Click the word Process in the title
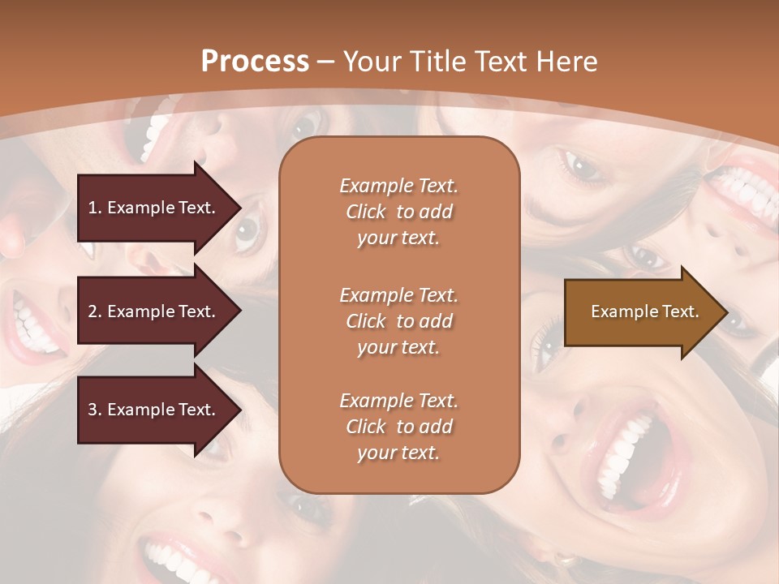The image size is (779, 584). coord(255,61)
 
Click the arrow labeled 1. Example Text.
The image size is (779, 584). coord(154,208)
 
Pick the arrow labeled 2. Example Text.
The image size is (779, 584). coord(154,311)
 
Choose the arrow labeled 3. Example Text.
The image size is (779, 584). coord(154,410)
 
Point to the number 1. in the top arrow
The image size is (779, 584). coord(95,208)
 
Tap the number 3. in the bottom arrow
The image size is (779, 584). coord(95,410)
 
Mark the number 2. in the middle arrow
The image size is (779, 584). coord(95,311)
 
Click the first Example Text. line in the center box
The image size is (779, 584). coord(398,186)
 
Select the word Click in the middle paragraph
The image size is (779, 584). coord(365,321)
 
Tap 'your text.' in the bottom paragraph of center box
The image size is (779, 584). coord(398,453)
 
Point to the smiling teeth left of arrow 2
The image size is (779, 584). coord(32,324)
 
